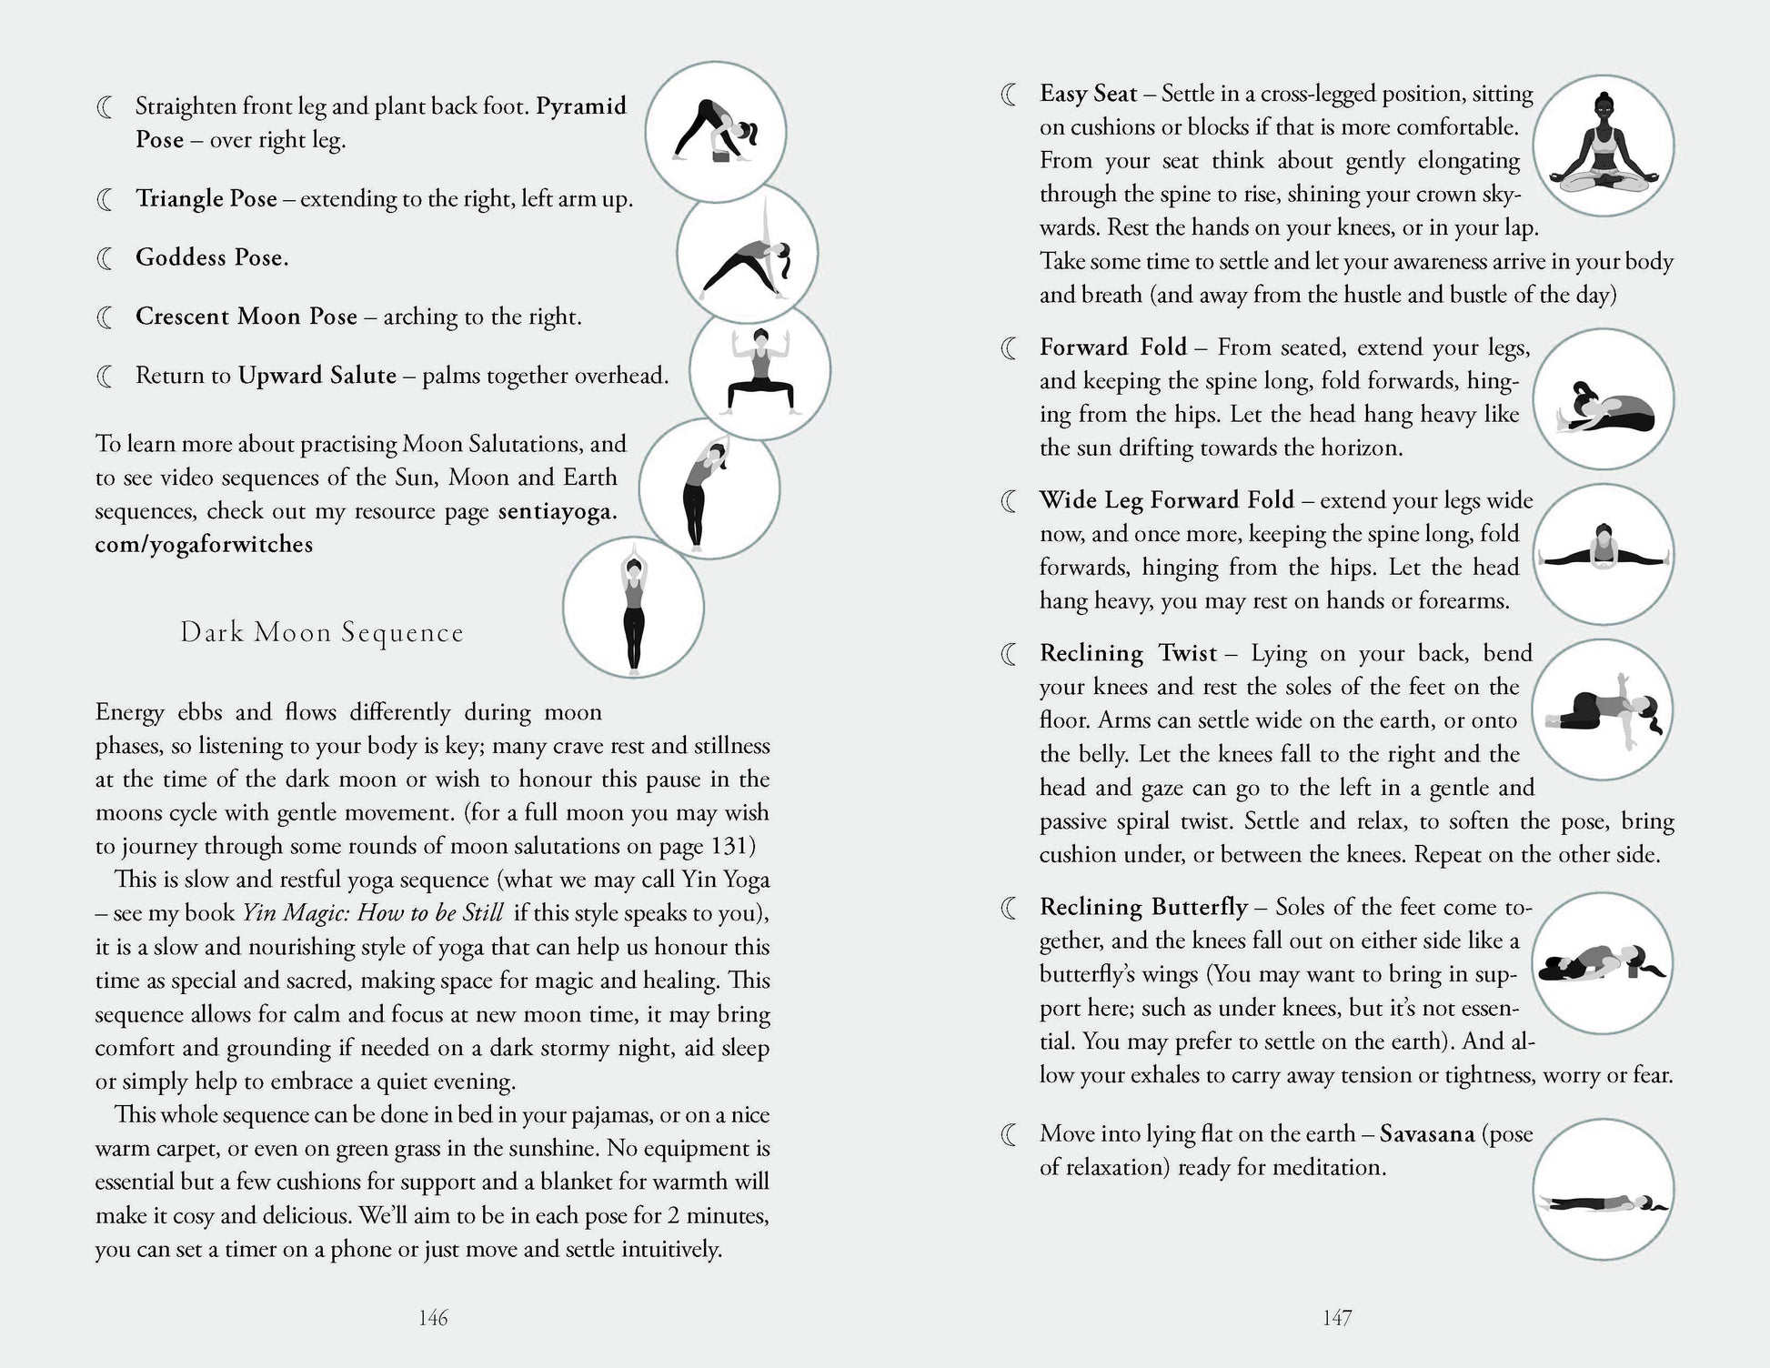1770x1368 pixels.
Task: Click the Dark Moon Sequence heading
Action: click(322, 633)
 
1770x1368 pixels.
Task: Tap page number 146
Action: click(433, 1318)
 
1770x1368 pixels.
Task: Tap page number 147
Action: click(1337, 1318)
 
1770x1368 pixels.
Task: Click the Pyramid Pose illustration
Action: click(716, 133)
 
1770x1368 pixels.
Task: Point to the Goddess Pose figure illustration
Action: click(759, 371)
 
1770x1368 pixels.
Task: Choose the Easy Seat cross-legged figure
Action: click(1603, 146)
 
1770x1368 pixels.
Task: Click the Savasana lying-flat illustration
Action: click(1603, 1190)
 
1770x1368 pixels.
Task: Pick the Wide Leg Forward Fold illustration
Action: click(1603, 554)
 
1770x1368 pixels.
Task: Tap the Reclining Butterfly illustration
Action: click(1603, 963)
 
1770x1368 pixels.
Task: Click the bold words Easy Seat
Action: click(1089, 94)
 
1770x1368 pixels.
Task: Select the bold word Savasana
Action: click(1426, 1134)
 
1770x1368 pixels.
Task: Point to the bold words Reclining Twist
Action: click(1128, 653)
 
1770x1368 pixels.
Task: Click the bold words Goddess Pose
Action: click(212, 257)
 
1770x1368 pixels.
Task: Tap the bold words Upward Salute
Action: click(317, 376)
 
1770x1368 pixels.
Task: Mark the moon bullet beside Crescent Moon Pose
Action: click(106, 317)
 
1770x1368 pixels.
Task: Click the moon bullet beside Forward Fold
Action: click(1010, 348)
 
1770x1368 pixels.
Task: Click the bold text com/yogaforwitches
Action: click(204, 545)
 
